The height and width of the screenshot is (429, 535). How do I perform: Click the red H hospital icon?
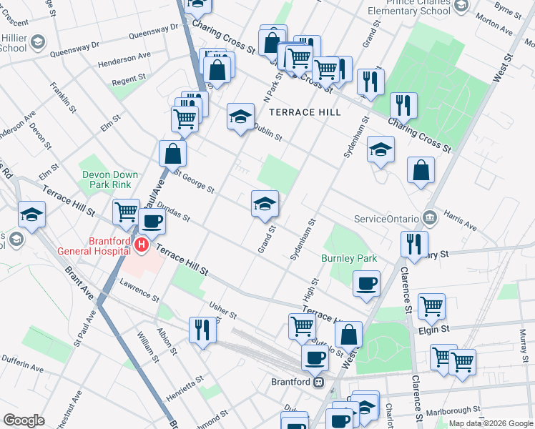click(142, 245)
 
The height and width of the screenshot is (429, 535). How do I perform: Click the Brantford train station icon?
click(320, 382)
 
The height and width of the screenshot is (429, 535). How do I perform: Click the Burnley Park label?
click(349, 258)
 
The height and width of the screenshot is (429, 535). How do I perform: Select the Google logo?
click(24, 420)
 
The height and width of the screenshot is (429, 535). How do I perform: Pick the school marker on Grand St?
click(265, 204)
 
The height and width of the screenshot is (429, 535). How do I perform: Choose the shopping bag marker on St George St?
click(173, 152)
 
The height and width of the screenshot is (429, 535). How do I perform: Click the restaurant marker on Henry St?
click(414, 244)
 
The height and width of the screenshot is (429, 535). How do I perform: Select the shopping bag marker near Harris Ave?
click(421, 170)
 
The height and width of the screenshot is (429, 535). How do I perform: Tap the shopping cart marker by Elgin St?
click(431, 306)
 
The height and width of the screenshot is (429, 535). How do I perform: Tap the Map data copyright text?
click(491, 423)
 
